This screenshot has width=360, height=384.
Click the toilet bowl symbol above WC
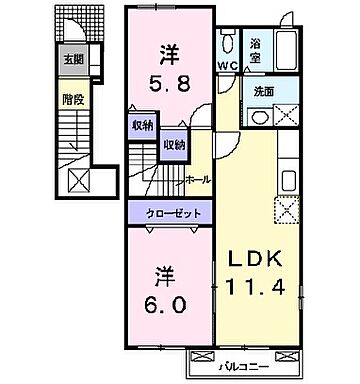tap(228, 45)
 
